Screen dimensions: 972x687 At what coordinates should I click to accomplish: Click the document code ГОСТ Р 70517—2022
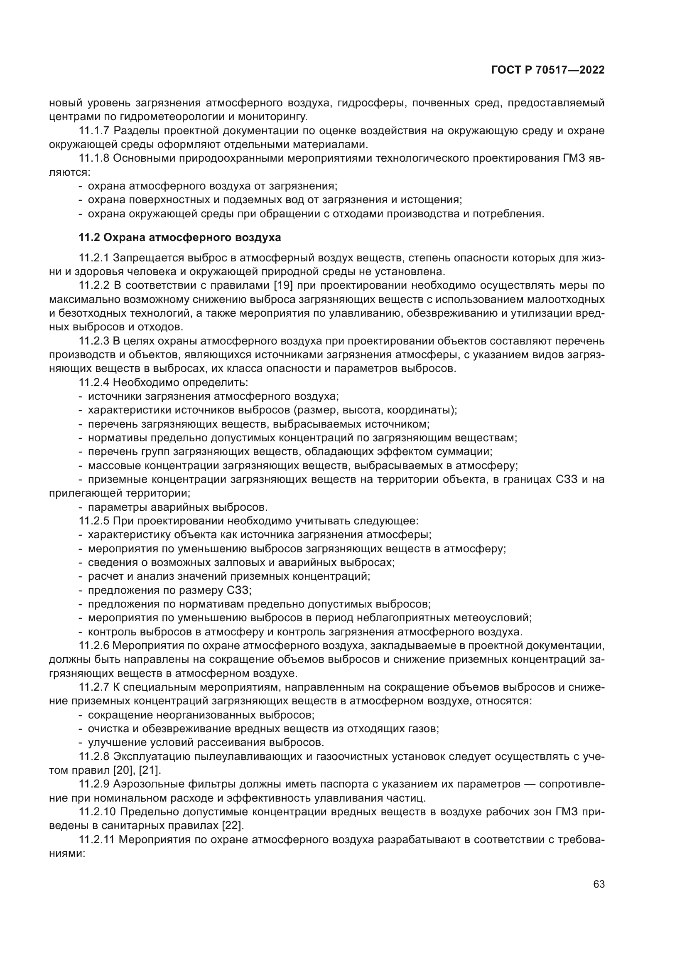[x=548, y=70]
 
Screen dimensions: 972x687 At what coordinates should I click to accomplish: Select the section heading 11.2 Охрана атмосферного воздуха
[x=179, y=238]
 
